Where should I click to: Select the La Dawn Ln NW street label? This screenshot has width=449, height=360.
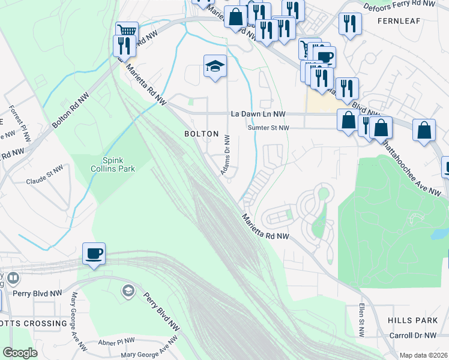(x=259, y=114)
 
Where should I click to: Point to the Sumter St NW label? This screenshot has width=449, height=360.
(x=269, y=128)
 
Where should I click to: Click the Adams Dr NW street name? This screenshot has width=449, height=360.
(x=226, y=155)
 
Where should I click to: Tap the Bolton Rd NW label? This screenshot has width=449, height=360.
(x=74, y=110)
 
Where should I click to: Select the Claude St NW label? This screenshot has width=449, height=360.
(x=44, y=181)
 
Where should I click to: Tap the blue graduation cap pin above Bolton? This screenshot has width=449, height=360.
(x=214, y=67)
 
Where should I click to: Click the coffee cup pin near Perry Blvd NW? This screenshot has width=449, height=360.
(x=94, y=254)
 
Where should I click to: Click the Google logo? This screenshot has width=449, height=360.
(x=20, y=353)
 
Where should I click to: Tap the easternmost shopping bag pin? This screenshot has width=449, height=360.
(x=424, y=131)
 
